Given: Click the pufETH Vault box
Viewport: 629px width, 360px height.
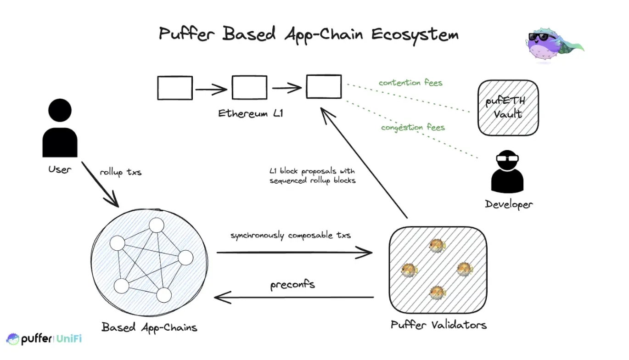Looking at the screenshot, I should pos(507,108).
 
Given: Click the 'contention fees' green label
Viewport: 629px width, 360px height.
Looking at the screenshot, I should pos(410,83).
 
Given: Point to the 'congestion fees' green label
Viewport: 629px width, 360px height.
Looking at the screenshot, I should pos(413,127).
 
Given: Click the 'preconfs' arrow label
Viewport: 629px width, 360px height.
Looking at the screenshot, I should pos(292,284).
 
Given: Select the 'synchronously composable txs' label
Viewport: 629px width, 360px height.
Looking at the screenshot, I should pos(290,236).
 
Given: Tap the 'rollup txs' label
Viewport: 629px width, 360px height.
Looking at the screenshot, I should pos(121,173).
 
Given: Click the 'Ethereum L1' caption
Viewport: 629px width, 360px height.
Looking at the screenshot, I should pos(250,113).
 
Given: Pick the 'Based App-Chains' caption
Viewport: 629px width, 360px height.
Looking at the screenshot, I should pos(149,327).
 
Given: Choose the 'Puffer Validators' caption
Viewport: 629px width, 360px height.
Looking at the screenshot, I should pos(438,325).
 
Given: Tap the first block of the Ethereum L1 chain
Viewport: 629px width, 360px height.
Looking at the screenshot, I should pos(175,88).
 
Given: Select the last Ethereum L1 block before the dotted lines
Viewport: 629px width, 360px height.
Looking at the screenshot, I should pos(324,87).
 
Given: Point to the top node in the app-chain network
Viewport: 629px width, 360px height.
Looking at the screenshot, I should pos(157,225).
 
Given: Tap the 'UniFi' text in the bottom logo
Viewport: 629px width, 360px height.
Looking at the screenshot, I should pos(69,339).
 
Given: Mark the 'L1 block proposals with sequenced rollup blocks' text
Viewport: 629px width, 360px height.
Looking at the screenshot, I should pos(312,176).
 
